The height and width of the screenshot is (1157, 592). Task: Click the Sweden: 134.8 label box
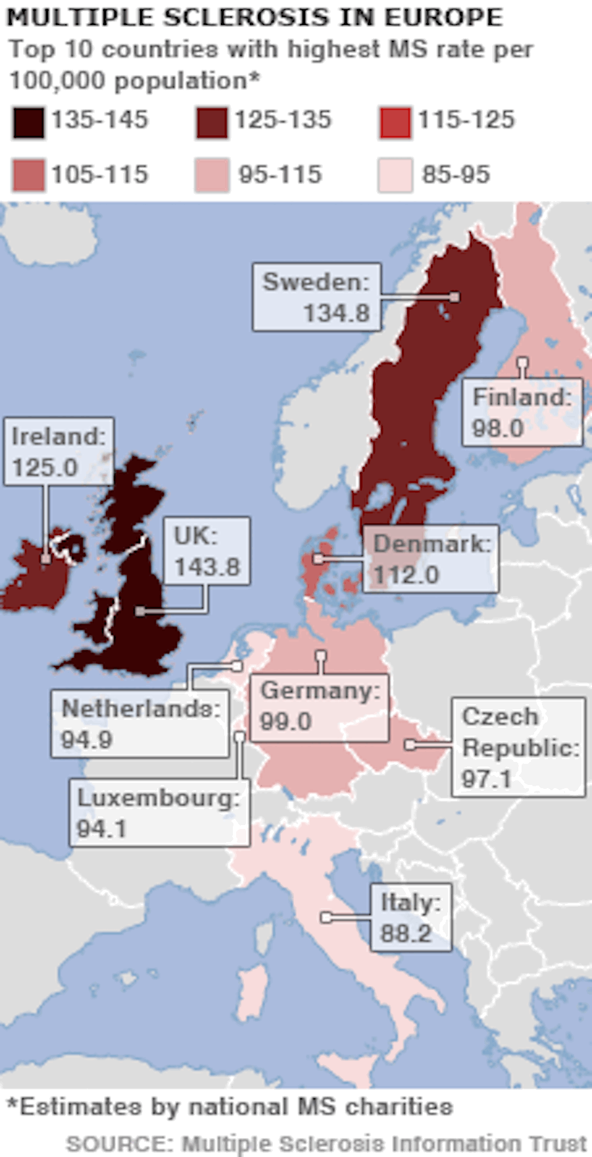coord(316,297)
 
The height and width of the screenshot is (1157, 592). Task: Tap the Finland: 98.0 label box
coord(522,412)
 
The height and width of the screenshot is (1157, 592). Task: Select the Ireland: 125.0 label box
coord(59,452)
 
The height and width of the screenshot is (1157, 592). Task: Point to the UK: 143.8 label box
coord(207,551)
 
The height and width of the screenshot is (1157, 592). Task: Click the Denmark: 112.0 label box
coord(431,559)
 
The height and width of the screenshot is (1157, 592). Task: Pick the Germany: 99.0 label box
coord(320,707)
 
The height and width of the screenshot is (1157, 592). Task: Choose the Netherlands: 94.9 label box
coord(140,724)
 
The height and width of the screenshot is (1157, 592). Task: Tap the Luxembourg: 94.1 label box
coord(159,813)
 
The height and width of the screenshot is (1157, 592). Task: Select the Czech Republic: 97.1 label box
coord(518,747)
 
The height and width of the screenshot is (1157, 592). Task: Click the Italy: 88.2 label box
coord(411,918)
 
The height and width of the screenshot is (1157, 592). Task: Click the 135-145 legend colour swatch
coord(28,122)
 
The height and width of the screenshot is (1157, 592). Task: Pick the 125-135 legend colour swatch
coord(212,122)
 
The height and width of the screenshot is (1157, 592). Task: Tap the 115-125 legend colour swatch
coord(395,122)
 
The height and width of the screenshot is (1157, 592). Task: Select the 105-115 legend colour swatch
coord(28,176)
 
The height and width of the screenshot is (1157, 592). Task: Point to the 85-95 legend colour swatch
coord(395,176)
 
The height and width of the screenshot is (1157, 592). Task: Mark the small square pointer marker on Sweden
coord(455,297)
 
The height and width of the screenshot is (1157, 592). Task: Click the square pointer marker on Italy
coord(326,917)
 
